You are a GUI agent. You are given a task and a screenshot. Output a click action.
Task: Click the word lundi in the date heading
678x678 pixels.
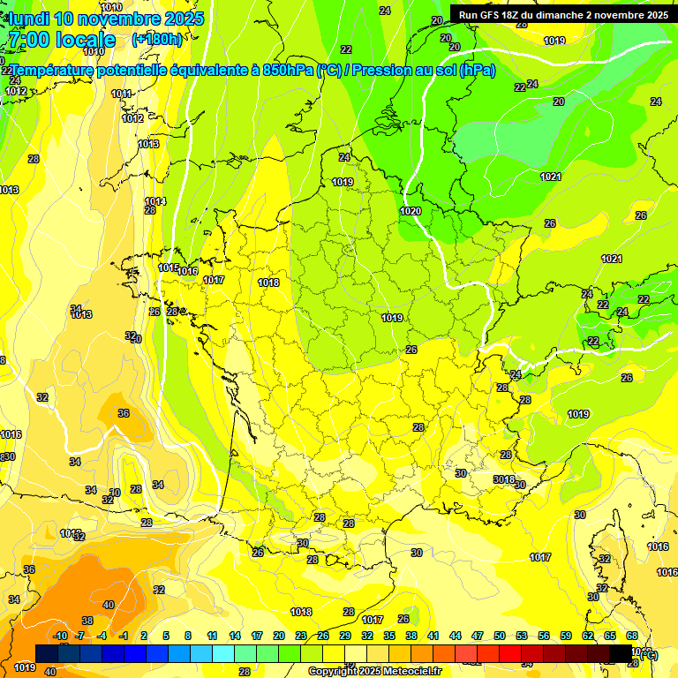click(29, 19)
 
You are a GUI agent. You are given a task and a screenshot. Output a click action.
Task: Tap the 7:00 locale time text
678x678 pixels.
click(62, 40)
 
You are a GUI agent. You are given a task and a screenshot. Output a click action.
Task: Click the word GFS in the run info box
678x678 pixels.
click(493, 15)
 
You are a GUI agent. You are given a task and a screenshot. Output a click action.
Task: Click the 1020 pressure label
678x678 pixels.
click(410, 212)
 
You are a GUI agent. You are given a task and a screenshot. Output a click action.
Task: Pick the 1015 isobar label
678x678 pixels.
click(168, 267)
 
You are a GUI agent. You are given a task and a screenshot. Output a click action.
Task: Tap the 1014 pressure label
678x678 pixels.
click(155, 201)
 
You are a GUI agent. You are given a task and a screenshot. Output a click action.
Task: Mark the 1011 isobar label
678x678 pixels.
click(121, 94)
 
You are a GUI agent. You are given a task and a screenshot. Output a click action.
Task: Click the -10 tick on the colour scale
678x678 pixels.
click(60, 637)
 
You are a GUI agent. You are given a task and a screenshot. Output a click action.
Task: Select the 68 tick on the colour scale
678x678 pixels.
click(632, 637)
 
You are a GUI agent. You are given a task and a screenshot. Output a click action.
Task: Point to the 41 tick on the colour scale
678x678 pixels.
click(433, 637)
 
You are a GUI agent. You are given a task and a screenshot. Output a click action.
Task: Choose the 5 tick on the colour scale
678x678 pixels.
click(166, 637)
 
